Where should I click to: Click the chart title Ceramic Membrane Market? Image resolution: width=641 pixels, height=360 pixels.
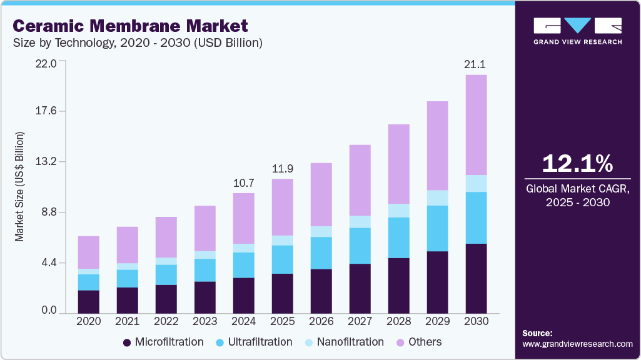pos(130,26)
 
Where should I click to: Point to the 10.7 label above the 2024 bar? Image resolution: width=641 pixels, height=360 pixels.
pos(243,182)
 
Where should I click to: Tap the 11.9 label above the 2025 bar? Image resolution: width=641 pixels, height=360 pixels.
pos(282,169)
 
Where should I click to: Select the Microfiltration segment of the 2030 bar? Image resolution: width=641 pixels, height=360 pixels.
pos(476,278)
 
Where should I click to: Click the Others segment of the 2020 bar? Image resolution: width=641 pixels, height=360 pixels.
pos(89,252)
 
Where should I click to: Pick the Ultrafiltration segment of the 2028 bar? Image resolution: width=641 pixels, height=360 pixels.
pos(398,237)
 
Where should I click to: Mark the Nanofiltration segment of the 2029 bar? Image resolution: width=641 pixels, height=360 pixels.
pos(437,197)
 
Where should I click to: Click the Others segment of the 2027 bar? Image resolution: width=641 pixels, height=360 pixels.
pos(360,180)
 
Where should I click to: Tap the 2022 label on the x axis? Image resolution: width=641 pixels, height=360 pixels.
pos(166,321)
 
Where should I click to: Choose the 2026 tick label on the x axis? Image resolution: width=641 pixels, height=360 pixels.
pos(321,321)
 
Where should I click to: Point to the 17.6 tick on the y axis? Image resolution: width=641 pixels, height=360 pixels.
pos(46,111)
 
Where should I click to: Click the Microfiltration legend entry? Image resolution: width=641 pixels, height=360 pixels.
pos(163,342)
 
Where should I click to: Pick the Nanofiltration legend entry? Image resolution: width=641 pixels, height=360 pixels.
pos(343,342)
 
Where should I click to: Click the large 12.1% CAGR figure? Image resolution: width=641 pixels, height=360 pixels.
pos(577,164)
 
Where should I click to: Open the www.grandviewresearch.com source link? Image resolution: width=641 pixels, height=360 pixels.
pos(577,344)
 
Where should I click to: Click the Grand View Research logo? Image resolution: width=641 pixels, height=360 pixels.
pos(577,31)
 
